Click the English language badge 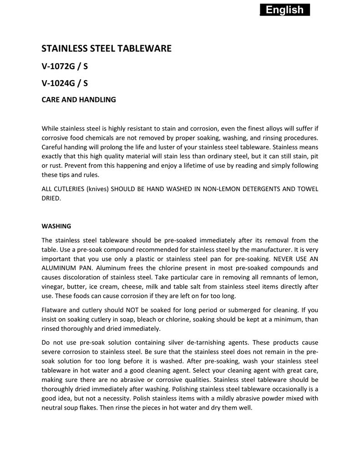click(x=284, y=10)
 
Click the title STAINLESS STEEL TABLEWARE click(x=106, y=49)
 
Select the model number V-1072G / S click(x=65, y=66)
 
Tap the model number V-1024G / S click(x=65, y=83)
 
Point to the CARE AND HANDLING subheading click(x=79, y=99)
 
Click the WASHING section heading click(x=56, y=226)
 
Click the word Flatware click(x=55, y=310)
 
